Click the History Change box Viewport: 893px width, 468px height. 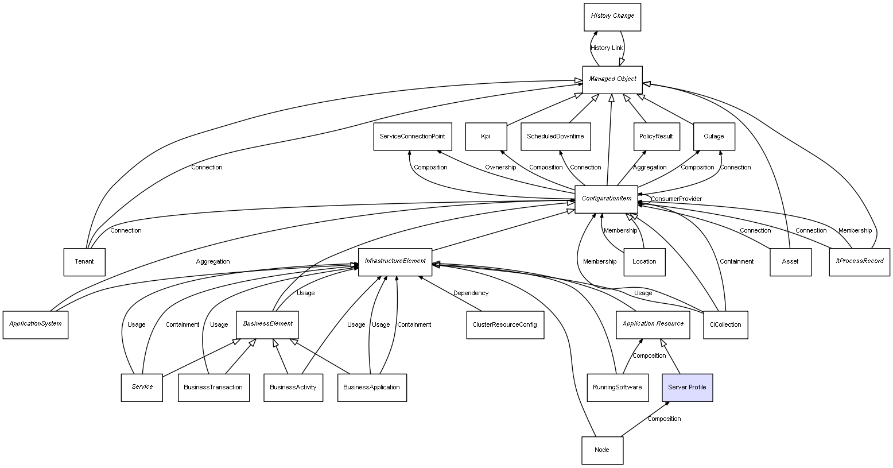(x=612, y=17)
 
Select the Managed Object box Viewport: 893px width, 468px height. (x=612, y=79)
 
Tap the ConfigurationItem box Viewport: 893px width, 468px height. (x=606, y=199)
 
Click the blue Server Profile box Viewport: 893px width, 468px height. (x=687, y=388)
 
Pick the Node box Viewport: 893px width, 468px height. (x=601, y=450)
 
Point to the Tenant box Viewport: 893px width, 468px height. (x=84, y=262)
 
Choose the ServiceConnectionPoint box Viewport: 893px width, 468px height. (x=412, y=137)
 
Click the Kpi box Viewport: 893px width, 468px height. (x=486, y=137)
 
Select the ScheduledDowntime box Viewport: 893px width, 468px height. (x=556, y=137)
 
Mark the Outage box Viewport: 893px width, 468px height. (x=713, y=137)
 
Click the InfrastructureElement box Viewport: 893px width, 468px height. (x=395, y=262)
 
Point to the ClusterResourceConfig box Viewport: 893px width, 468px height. (x=504, y=325)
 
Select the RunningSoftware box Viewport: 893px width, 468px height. (x=618, y=388)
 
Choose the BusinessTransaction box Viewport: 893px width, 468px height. (x=213, y=388)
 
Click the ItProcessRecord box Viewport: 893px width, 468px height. (x=859, y=262)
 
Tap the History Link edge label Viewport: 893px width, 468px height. (x=607, y=48)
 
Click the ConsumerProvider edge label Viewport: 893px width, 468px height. (x=676, y=199)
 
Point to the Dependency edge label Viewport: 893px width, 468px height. (x=471, y=293)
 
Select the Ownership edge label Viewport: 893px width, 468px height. (x=500, y=168)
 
